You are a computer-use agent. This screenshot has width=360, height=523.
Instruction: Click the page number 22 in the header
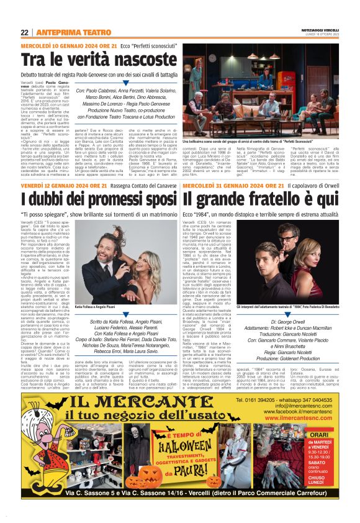click(24, 32)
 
